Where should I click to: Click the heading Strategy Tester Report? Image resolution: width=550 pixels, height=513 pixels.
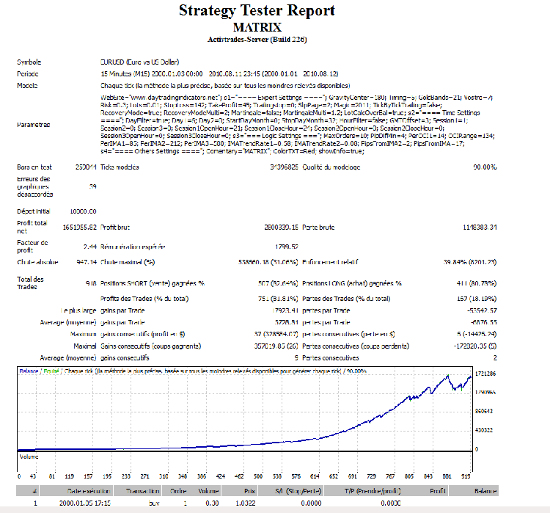click(x=257, y=10)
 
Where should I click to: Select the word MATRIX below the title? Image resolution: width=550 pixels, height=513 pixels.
click(x=257, y=27)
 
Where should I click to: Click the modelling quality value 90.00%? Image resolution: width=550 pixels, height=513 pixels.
click(x=485, y=167)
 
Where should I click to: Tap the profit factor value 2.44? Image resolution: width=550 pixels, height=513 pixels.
click(x=89, y=246)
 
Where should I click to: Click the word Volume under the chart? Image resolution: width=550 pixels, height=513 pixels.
click(x=29, y=456)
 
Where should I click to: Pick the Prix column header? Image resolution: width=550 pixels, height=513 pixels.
click(x=249, y=491)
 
